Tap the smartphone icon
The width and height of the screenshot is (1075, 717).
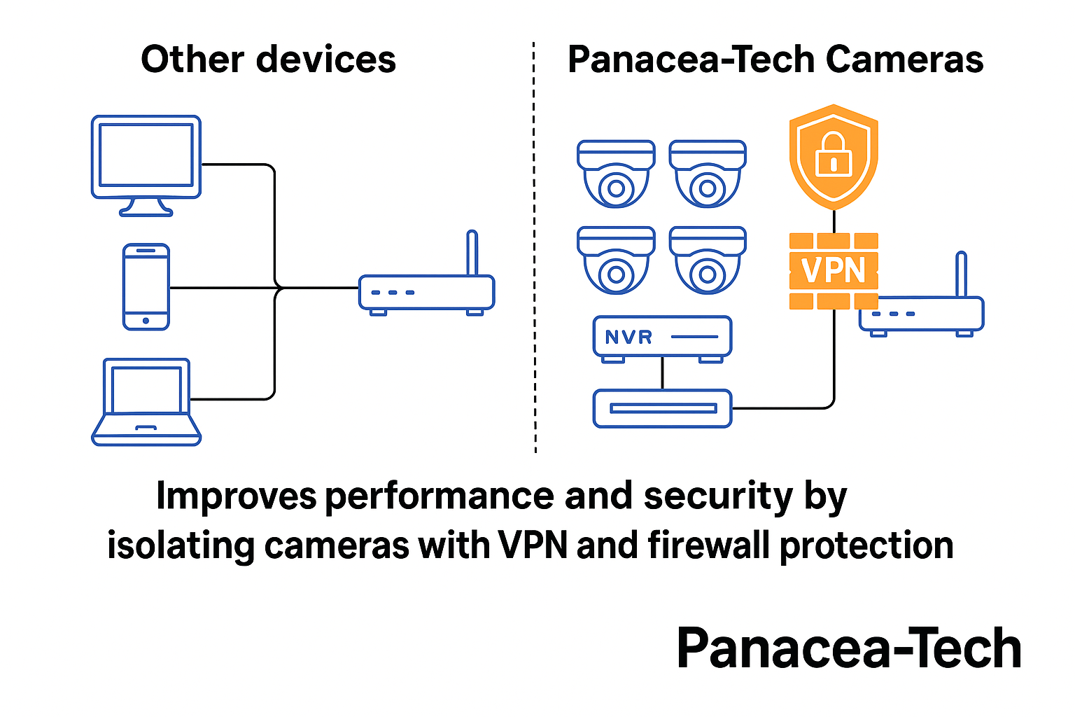tap(146, 286)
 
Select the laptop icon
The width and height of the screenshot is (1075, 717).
tap(146, 402)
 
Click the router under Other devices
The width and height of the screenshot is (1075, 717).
tap(426, 293)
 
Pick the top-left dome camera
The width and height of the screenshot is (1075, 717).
tap(616, 174)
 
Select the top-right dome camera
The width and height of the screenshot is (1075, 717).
tap(708, 174)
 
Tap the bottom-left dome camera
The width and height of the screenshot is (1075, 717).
tap(616, 260)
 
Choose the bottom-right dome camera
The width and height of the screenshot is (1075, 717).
tap(708, 260)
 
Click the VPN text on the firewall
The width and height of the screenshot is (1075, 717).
tap(834, 271)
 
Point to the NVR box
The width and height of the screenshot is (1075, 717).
tap(662, 337)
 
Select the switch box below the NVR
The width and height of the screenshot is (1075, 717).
tap(662, 408)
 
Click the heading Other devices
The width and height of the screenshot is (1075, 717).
tap(268, 60)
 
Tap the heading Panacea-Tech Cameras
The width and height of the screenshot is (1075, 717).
tap(775, 60)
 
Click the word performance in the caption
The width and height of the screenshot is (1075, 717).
tap(440, 496)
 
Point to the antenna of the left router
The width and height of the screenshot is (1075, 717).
tap(472, 253)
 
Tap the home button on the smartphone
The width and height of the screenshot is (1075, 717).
tap(146, 321)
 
